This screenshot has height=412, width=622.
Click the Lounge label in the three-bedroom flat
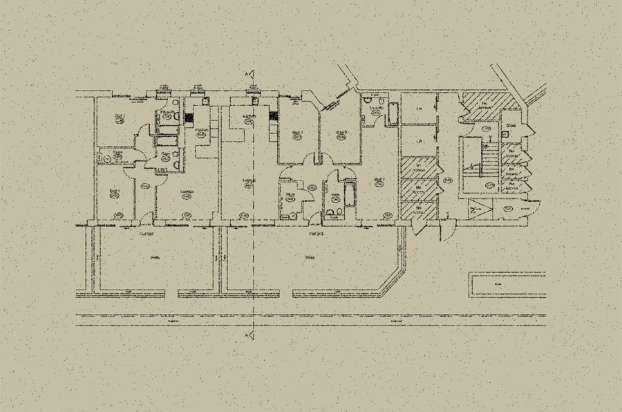248,181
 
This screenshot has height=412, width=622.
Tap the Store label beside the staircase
511,126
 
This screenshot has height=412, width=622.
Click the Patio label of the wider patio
310,257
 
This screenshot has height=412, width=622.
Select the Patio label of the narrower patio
155,257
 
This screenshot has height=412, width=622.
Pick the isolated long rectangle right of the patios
506,283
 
